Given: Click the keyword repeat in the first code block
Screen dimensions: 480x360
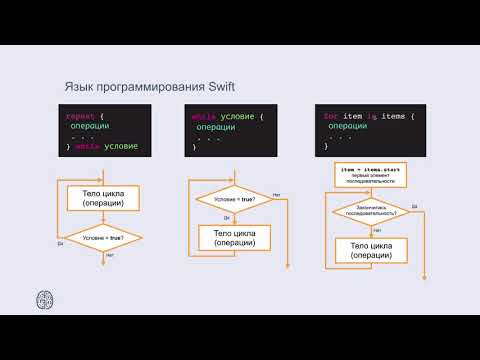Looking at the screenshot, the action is pyautogui.click(x=80, y=116).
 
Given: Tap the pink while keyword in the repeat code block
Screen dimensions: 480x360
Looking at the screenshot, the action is pyautogui.click(x=88, y=147).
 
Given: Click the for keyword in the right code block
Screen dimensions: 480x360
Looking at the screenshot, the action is pyautogui.click(x=331, y=116).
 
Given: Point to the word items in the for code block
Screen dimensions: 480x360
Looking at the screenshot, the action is pyautogui.click(x=395, y=116).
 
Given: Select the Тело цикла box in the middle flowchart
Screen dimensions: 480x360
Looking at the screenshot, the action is pyautogui.click(x=233, y=237).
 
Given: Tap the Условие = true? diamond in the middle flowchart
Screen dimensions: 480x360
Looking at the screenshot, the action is pyautogui.click(x=233, y=199).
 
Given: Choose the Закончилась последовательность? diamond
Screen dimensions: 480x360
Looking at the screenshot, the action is pyautogui.click(x=370, y=211).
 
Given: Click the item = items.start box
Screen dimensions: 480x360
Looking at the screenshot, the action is pyautogui.click(x=370, y=175).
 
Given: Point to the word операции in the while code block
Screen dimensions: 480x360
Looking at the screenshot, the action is pyautogui.click(x=217, y=127).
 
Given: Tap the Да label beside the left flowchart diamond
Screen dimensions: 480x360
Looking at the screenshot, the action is pyautogui.click(x=61, y=243).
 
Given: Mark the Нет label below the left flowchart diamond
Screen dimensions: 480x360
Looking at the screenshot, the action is pyautogui.click(x=108, y=256).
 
